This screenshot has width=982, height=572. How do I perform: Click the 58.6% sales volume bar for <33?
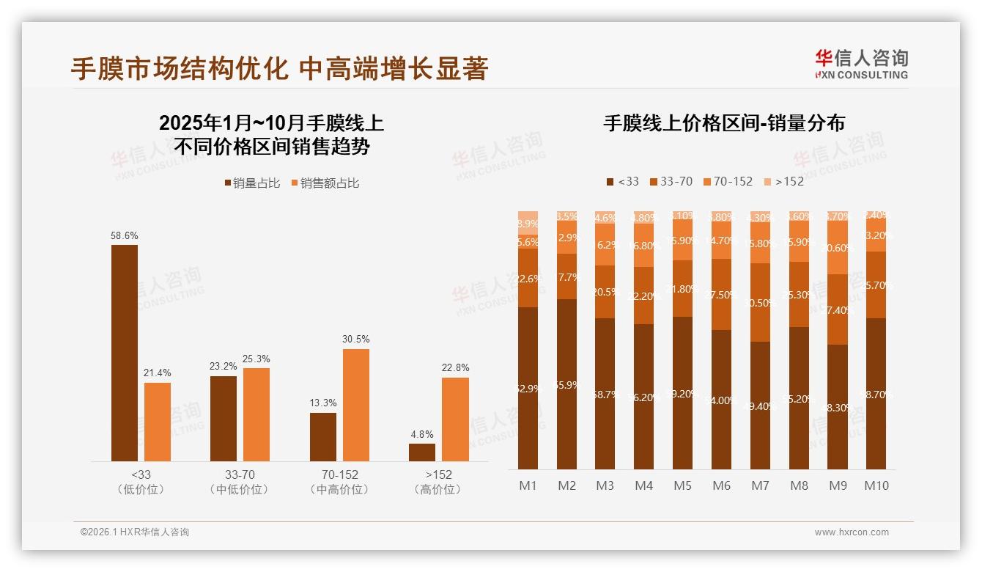pyautogui.click(x=125, y=353)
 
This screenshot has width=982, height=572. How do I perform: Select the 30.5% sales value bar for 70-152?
pyautogui.click(x=355, y=405)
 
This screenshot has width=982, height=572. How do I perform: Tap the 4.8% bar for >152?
pyautogui.click(x=422, y=452)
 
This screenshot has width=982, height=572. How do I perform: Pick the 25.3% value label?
pyautogui.click(x=256, y=359)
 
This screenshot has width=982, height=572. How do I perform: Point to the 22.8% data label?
pyautogui.click(x=455, y=367)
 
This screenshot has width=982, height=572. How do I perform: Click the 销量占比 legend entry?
pyautogui.click(x=252, y=183)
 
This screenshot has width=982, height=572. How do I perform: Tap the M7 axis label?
pyautogui.click(x=760, y=485)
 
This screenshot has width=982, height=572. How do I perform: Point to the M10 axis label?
pyautogui.click(x=876, y=485)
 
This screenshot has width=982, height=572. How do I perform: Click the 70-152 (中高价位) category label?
pyautogui.click(x=339, y=482)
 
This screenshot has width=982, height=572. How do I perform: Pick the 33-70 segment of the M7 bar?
pyautogui.click(x=760, y=302)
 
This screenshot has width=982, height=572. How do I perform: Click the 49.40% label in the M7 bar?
pyautogui.click(x=760, y=406)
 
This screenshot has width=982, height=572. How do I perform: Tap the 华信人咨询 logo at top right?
pyautogui.click(x=861, y=64)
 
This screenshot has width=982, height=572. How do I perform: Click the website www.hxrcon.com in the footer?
pyautogui.click(x=852, y=532)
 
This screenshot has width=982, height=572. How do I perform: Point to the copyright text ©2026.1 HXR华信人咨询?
pyautogui.click(x=135, y=532)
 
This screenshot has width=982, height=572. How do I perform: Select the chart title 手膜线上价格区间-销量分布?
pyautogui.click(x=724, y=123)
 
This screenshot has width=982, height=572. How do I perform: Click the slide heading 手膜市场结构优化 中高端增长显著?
pyautogui.click(x=279, y=69)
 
